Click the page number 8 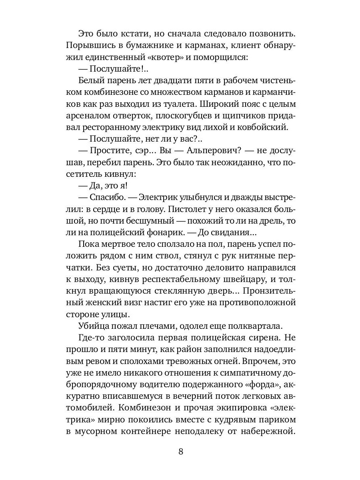180,452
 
